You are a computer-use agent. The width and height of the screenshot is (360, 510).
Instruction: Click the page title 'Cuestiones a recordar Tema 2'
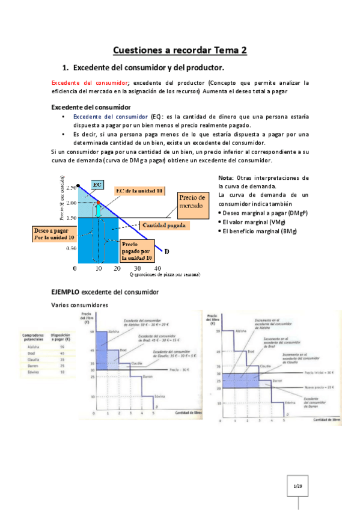[180, 51]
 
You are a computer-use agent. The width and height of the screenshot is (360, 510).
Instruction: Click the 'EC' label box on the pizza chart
[97, 183]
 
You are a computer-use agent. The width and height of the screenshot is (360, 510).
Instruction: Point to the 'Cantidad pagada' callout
[165, 224]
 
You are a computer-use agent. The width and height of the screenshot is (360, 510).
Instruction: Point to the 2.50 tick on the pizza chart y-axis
[72, 187]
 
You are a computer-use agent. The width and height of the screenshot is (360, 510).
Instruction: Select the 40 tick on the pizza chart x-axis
[158, 268]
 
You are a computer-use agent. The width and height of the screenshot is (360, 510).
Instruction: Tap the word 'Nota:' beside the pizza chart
[227, 179]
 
